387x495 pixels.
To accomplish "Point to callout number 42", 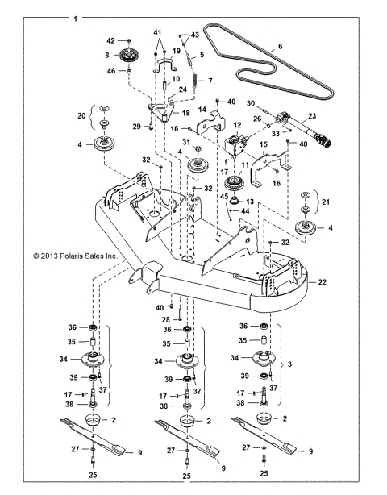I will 111,40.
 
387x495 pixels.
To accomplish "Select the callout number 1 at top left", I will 76,18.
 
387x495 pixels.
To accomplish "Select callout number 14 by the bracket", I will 203,108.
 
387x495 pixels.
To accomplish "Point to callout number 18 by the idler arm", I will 185,114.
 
